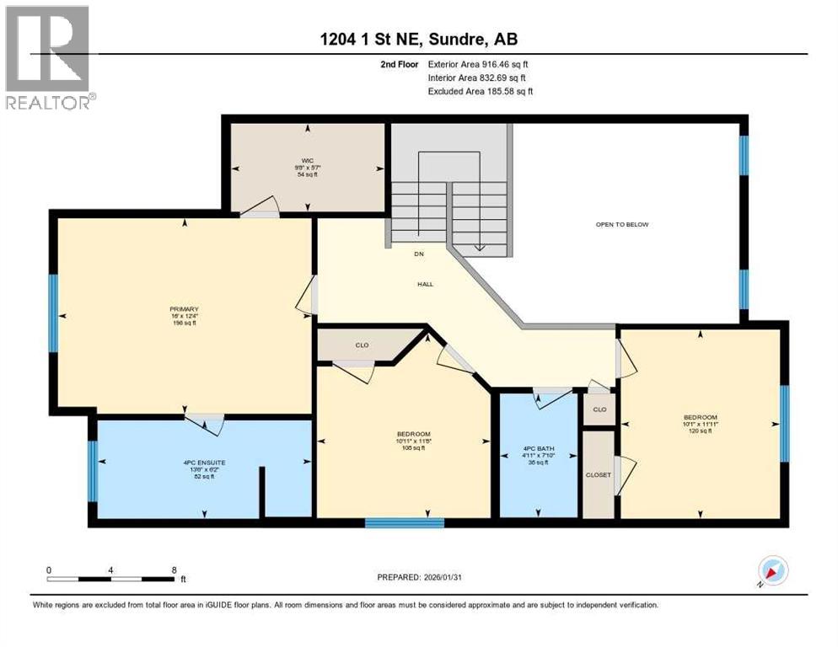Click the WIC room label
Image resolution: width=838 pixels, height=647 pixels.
307,161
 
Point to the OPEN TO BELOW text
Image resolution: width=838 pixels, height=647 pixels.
622,224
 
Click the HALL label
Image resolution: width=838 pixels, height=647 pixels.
425,285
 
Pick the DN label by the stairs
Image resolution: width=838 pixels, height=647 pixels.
417,254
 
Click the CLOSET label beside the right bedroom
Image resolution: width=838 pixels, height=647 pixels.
598,474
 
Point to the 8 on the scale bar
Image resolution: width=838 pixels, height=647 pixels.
174,569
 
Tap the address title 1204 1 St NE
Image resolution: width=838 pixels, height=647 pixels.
418,40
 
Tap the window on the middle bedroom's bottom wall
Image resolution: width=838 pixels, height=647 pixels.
404,523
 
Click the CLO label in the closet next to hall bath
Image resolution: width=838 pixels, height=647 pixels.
599,410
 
